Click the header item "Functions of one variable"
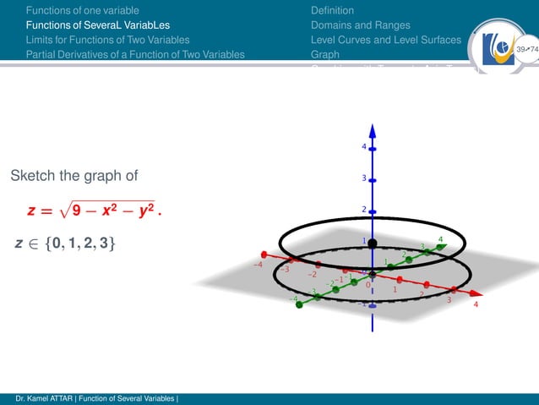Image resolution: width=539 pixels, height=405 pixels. tap(82, 10)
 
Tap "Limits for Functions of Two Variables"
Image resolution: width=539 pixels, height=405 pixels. tap(107, 40)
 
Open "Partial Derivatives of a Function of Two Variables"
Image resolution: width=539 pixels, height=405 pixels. tap(135, 54)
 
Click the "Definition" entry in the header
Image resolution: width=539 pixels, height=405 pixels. tap(332, 10)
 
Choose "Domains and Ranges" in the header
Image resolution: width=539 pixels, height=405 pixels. tap(360, 25)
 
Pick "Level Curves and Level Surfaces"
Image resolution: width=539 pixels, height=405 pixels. tap(386, 40)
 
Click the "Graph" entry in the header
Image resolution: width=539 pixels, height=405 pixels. tap(325, 54)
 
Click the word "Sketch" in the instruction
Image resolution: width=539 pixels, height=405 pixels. tap(32, 176)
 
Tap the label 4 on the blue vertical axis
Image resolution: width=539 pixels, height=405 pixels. tap(364, 147)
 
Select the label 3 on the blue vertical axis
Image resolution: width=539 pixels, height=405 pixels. tap(364, 178)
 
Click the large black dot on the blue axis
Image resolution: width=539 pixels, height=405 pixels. tap(372, 244)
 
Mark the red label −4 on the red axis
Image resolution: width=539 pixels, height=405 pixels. tap(258, 265)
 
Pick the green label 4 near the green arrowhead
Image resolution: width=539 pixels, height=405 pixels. tap(440, 239)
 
